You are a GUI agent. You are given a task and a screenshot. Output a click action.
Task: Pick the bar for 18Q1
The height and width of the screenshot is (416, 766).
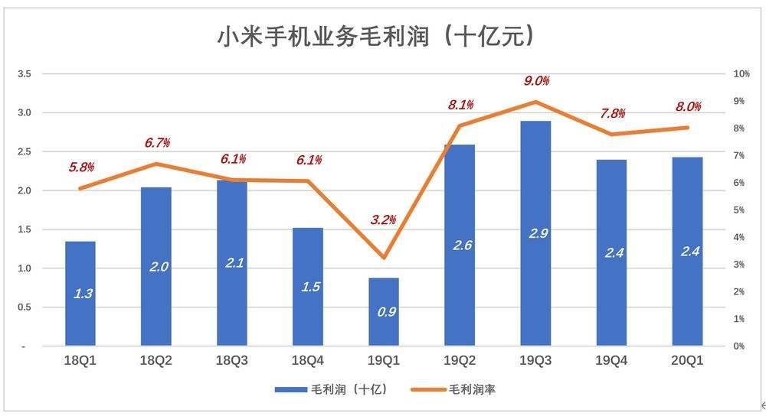click(x=80, y=294)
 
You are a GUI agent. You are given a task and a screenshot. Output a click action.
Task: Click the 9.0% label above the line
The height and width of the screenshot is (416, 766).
click(x=536, y=81)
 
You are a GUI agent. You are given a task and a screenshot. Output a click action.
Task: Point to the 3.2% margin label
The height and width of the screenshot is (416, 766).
click(x=384, y=220)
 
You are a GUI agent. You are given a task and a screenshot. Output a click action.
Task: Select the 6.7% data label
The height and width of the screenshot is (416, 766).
click(x=157, y=143)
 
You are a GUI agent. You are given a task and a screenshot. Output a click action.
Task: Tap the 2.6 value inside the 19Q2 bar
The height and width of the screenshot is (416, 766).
click(x=463, y=245)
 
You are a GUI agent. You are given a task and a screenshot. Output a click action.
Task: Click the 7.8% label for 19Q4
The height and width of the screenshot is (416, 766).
click(x=612, y=113)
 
